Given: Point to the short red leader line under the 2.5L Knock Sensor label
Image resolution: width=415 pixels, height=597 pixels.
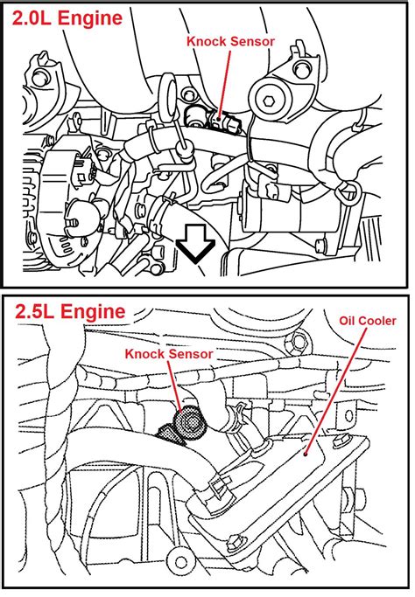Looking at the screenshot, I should point(179,385).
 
